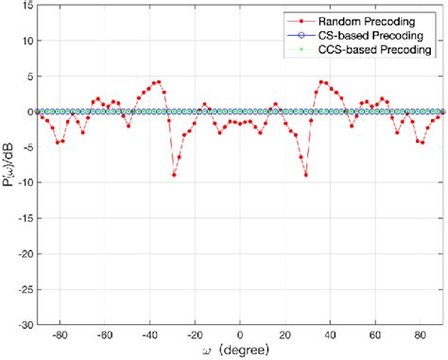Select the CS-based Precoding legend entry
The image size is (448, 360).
(374, 33)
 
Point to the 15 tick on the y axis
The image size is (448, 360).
(26, 6)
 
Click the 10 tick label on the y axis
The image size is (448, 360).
(26, 42)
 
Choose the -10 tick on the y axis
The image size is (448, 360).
(25, 183)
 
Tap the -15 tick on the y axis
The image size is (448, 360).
(25, 218)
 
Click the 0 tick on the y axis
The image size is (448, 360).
(29, 112)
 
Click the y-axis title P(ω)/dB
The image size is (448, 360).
(9, 165)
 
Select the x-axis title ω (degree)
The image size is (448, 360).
(240, 351)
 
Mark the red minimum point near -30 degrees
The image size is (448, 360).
(174, 175)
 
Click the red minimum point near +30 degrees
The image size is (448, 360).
(306, 175)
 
